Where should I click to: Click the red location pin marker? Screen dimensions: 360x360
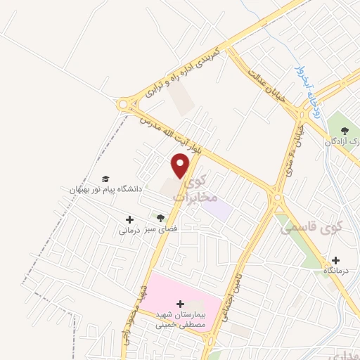[x=181, y=166]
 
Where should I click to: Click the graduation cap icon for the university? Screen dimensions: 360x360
[x=105, y=179]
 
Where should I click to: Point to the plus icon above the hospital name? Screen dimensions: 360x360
[x=181, y=304]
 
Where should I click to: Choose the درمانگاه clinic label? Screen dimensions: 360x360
[x=335, y=270]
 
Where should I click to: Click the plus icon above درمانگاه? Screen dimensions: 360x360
[x=335, y=259]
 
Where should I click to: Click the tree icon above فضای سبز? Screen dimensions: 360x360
[x=161, y=219]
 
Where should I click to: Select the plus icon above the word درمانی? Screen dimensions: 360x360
[x=128, y=219]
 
